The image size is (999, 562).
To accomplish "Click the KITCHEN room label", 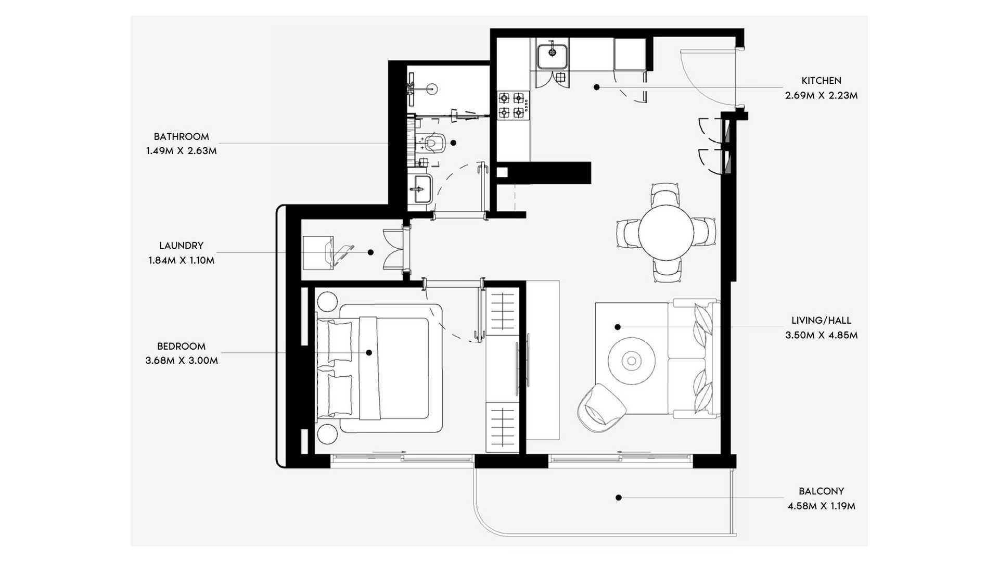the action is point(821,81).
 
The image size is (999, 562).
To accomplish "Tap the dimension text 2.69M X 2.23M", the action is point(821,96).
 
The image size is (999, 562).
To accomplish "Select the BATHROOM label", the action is point(181,137).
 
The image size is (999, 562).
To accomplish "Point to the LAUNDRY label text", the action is point(181,246).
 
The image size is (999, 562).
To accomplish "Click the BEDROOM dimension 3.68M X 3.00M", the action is point(182,361).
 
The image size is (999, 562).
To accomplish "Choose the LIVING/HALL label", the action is point(821,321).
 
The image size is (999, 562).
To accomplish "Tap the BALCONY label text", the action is point(821,491).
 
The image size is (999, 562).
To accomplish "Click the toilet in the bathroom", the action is point(433,142).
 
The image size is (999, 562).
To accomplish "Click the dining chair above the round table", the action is point(665,194).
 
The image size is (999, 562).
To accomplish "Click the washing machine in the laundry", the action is point(318,252).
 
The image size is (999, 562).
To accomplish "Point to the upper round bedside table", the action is point(327,302).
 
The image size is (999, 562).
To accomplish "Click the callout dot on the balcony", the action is point(619,497).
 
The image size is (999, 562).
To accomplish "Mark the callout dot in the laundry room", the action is point(370,252).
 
